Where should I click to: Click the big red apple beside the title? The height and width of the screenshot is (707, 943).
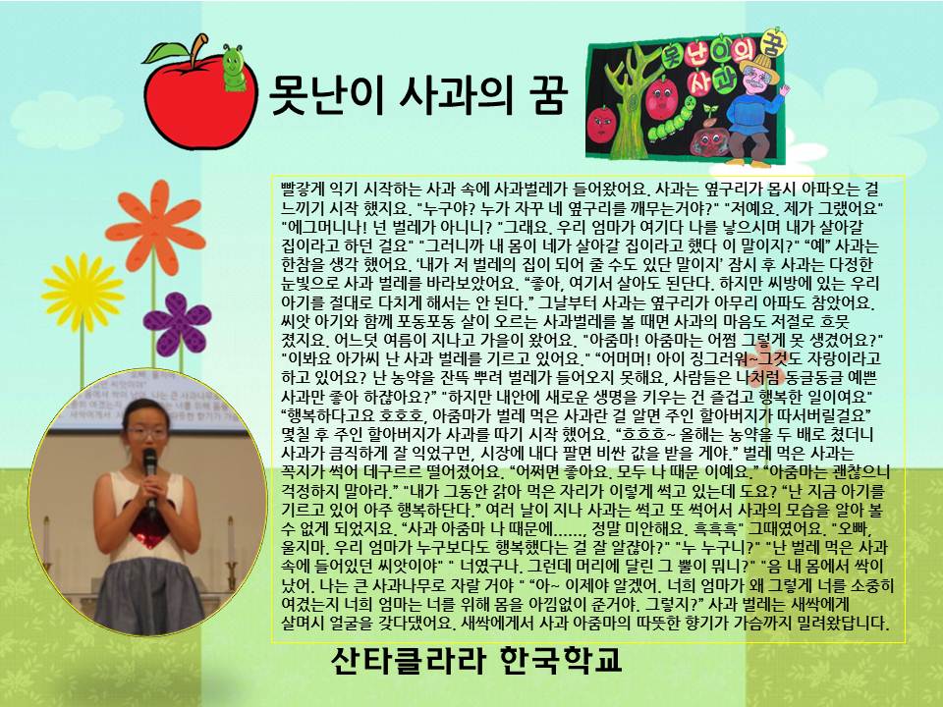tap(200, 101)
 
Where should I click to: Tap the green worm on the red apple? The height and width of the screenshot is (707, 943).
tap(234, 68)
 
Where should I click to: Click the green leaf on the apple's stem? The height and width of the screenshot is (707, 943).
tap(164, 53)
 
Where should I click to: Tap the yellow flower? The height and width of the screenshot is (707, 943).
tap(83, 293)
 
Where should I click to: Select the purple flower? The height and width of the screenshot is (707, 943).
tap(178, 323)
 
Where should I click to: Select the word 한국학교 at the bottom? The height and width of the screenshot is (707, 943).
tap(561, 660)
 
